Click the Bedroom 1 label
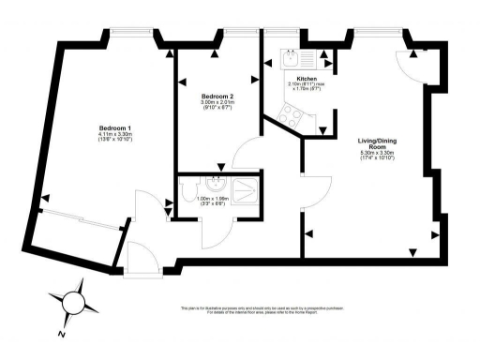[x=115, y=127]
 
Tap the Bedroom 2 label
[x=217, y=96]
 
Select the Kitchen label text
[x=306, y=79]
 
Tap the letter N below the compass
[x=61, y=333]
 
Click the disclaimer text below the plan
[x=239, y=309]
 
